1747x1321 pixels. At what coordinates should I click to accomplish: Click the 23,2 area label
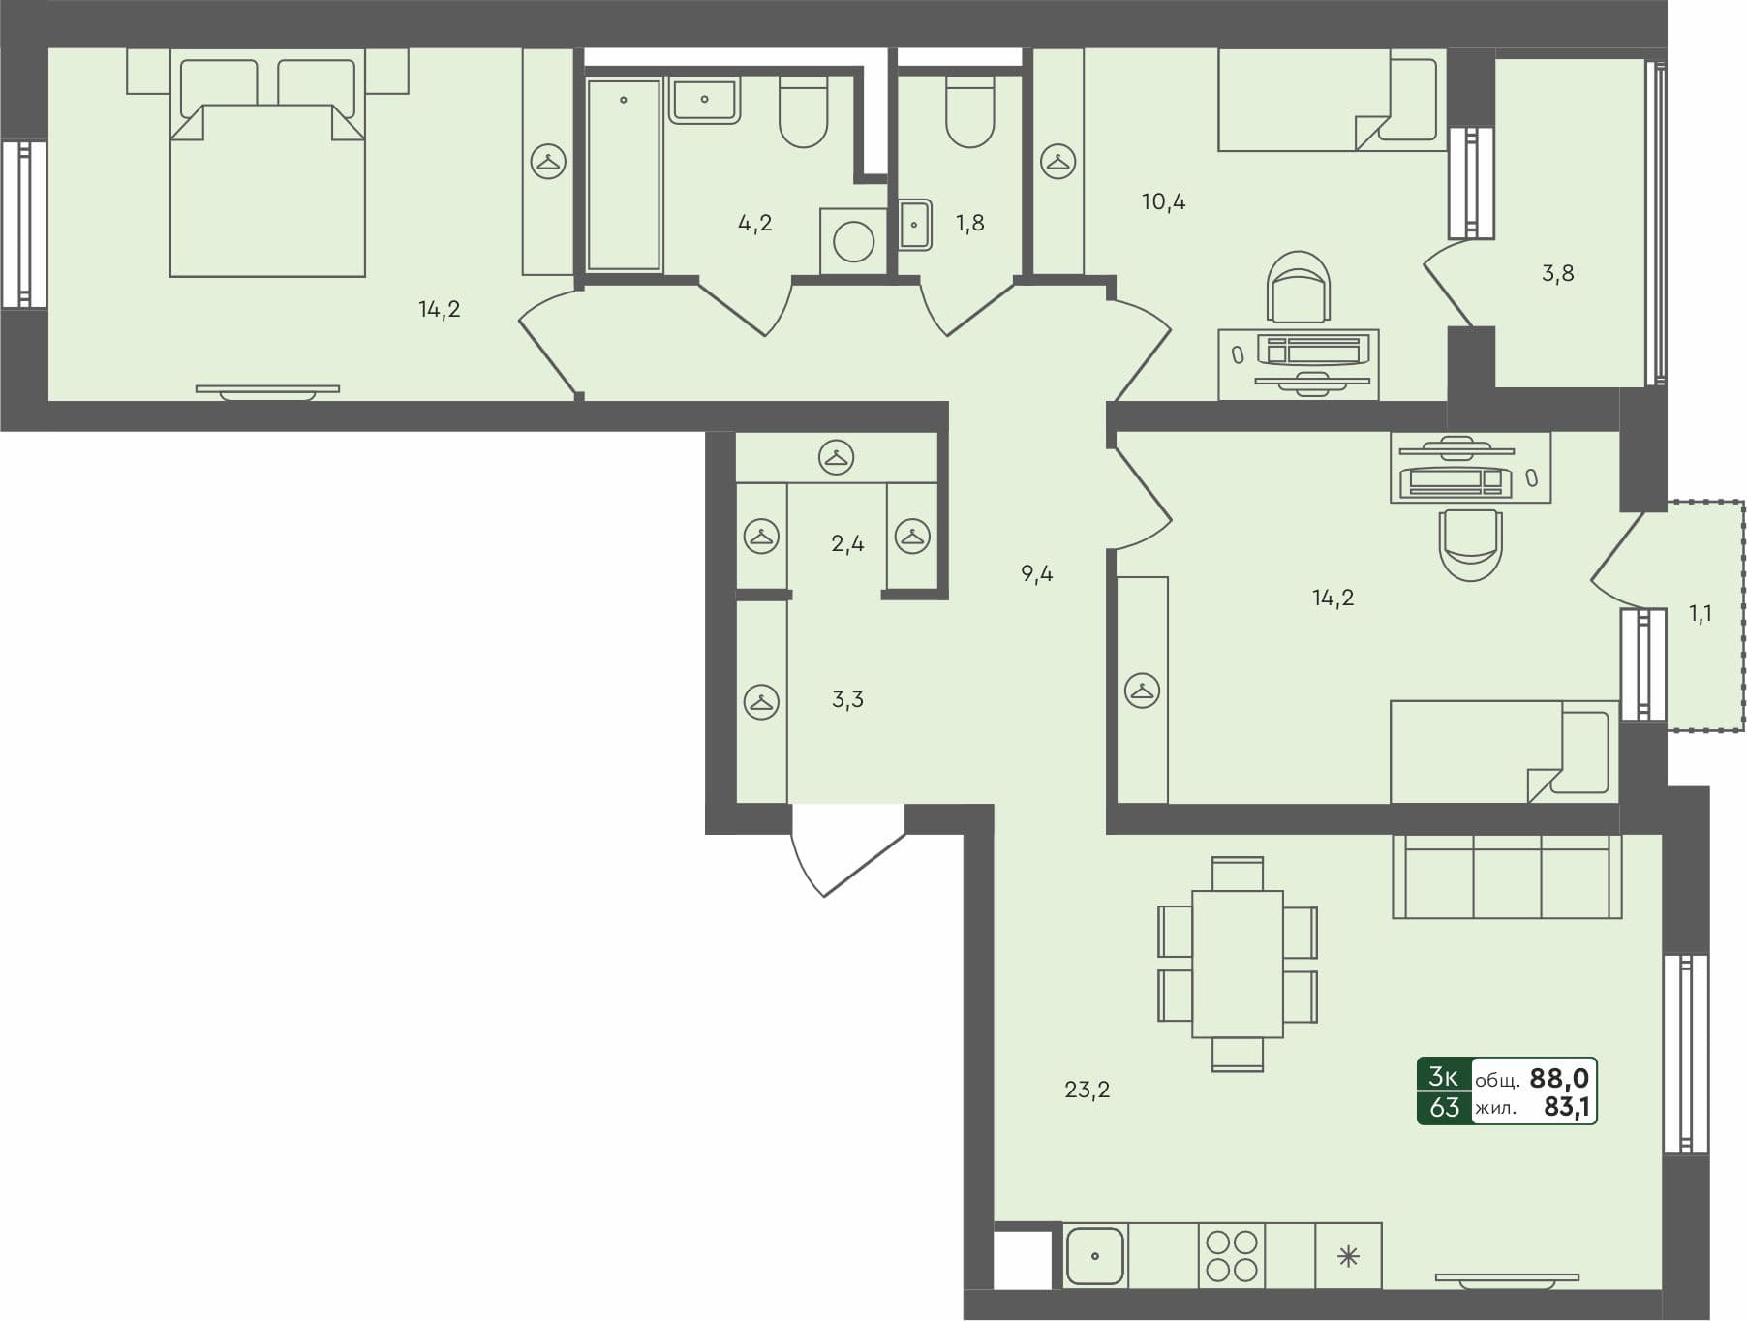[x=1087, y=1091]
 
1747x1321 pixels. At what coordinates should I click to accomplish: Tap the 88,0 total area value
[x=1558, y=1078]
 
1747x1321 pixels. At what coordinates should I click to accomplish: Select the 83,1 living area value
[x=1566, y=1107]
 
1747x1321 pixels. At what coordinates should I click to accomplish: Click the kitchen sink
[x=1094, y=1256]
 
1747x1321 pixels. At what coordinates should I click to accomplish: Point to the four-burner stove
[x=1232, y=1256]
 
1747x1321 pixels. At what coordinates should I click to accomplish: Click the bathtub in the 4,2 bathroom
[x=624, y=174]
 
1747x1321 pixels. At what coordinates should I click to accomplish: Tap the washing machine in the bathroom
[x=853, y=241]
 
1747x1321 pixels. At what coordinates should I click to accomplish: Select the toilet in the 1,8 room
[x=969, y=114]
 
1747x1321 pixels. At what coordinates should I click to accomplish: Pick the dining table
[x=1238, y=964]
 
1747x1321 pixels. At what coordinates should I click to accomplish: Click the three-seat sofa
[x=1506, y=876]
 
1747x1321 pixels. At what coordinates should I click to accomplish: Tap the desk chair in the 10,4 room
[x=1299, y=288]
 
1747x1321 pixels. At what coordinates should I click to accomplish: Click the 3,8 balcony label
[x=1557, y=274]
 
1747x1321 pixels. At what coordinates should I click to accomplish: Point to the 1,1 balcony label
[x=1700, y=614]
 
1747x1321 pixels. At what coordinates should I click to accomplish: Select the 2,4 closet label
[x=847, y=544]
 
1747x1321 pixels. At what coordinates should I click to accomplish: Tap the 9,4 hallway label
[x=1036, y=574]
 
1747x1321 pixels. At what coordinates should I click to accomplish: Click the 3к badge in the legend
[x=1443, y=1077]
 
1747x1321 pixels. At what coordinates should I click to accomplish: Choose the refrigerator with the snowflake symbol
[x=1348, y=1257]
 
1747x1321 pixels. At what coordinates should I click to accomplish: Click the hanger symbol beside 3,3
[x=761, y=701]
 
